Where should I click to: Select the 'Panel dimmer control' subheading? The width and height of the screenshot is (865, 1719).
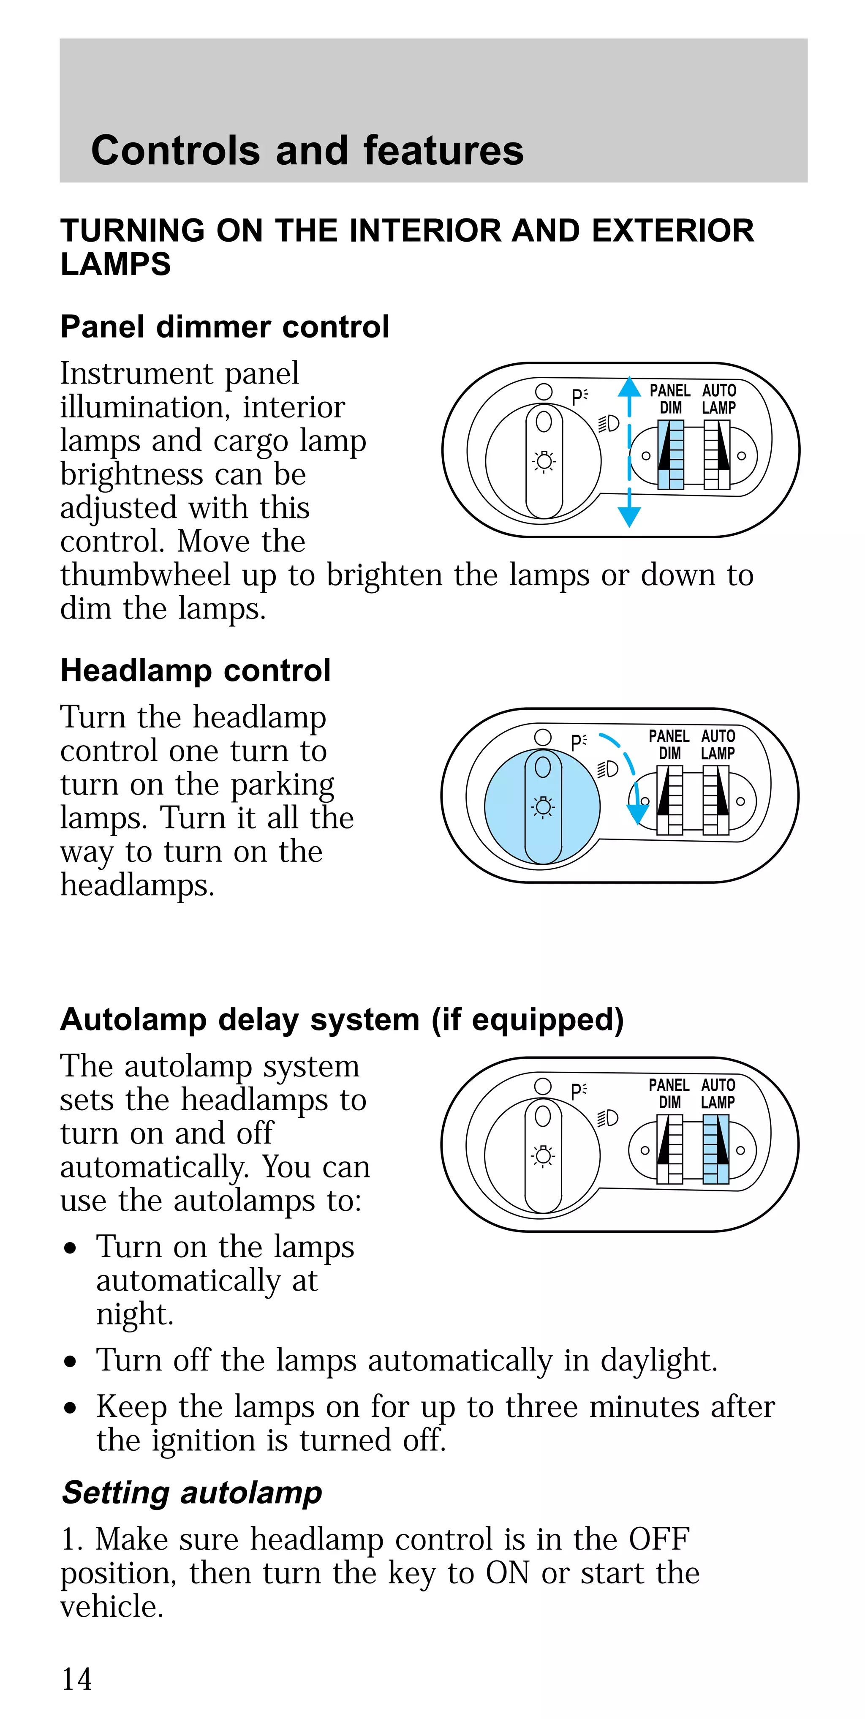click(225, 327)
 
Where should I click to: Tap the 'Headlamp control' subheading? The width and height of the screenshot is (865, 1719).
click(196, 670)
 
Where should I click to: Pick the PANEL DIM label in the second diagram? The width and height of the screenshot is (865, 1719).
click(669, 744)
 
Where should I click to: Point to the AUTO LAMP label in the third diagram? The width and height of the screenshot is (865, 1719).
click(718, 1094)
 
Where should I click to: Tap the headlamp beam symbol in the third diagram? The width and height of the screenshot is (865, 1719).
click(607, 1118)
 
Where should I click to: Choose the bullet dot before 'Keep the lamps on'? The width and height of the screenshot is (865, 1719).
click(71, 1408)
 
